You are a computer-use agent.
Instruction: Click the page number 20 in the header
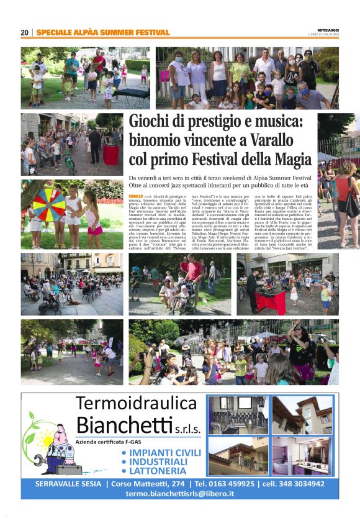pos(25,32)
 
